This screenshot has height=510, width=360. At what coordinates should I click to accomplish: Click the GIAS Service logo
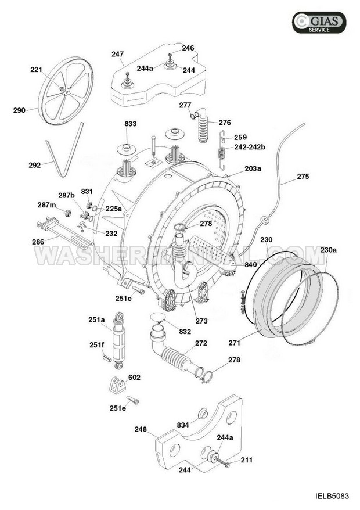(x=319, y=23)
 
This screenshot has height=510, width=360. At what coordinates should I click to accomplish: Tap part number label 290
(x=19, y=110)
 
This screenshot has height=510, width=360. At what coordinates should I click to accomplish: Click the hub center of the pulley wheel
(x=67, y=92)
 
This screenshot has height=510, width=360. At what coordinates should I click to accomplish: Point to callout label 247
(x=117, y=54)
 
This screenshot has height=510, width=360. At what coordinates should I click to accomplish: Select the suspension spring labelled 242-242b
(x=222, y=150)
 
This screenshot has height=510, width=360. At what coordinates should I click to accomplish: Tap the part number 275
(x=303, y=176)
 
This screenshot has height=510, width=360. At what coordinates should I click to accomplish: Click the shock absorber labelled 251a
(x=118, y=340)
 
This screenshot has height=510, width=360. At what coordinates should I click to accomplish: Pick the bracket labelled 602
(x=117, y=386)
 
